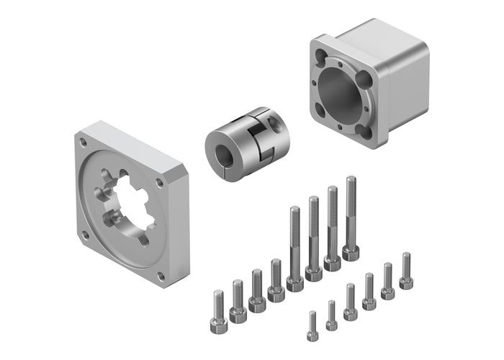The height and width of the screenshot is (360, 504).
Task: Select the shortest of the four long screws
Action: (294, 245)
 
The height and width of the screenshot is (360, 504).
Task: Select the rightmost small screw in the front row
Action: (406, 271)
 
